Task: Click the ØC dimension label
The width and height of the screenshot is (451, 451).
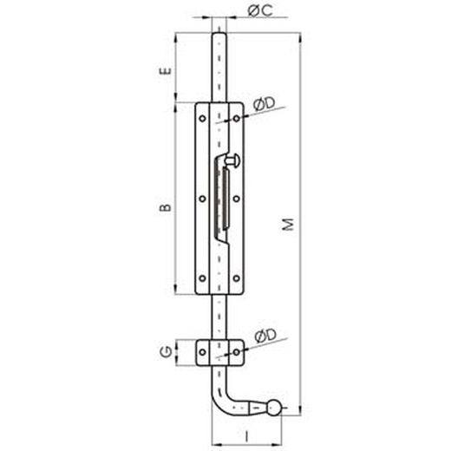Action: click(x=260, y=10)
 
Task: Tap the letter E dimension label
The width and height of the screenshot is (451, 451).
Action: click(x=166, y=71)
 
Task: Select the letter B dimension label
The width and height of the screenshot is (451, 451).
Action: click(x=166, y=207)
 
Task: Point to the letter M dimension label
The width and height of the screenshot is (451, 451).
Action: click(x=288, y=225)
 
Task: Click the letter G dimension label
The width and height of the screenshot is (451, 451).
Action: click(x=166, y=352)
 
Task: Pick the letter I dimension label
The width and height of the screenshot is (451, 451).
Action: click(x=246, y=436)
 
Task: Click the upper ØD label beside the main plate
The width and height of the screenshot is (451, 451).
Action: click(x=265, y=104)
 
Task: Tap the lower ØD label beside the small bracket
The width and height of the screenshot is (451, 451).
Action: click(x=265, y=336)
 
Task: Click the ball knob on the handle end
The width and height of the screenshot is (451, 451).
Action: click(x=273, y=408)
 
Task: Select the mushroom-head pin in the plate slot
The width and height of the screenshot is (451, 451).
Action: click(x=232, y=160)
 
